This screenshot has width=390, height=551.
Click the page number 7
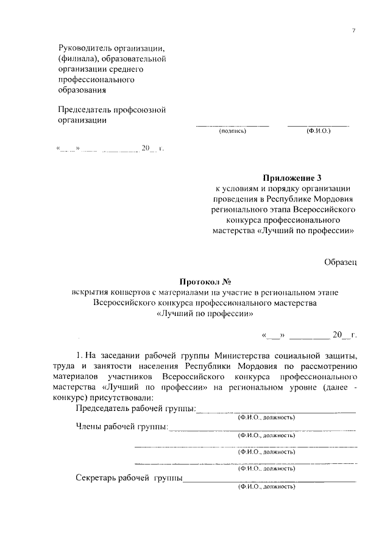(353, 30)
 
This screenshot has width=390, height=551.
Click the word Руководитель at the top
(85, 47)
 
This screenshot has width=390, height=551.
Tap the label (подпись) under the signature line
(232, 130)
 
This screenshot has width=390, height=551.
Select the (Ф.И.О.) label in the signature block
(319, 130)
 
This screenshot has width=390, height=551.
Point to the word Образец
(339, 262)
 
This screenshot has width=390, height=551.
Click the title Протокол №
(207, 281)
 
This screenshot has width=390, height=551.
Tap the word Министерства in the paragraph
(236, 354)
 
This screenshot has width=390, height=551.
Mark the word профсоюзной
(140, 110)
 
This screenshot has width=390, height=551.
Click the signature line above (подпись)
(232, 125)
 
